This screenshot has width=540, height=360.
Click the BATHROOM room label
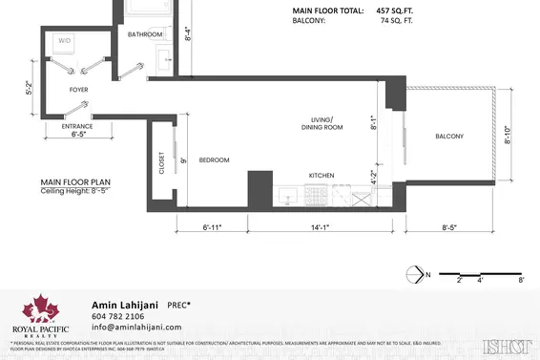pyautogui.click(x=147, y=34)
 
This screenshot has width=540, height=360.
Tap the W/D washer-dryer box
pyautogui.click(x=65, y=42)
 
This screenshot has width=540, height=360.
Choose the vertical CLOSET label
pyautogui.click(x=162, y=165)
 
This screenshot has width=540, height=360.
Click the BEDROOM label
pyautogui.click(x=215, y=160)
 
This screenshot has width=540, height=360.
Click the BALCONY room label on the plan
pyautogui.click(x=449, y=137)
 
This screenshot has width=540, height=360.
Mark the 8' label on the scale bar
pyautogui.click(x=521, y=282)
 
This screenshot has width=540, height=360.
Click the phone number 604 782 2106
pyautogui.click(x=117, y=316)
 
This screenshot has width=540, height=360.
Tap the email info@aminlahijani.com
pyautogui.click(x=137, y=328)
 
